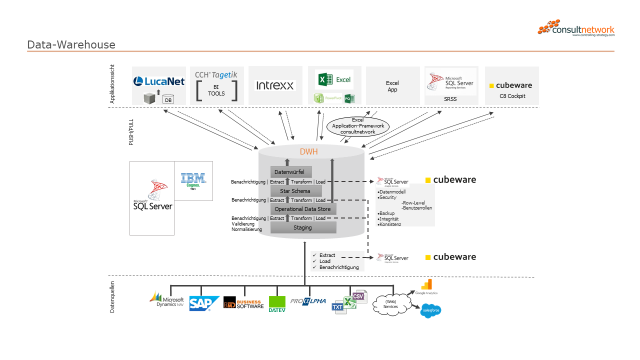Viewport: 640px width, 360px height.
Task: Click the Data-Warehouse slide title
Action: (71, 45)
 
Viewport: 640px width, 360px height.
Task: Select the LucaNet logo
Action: (159, 81)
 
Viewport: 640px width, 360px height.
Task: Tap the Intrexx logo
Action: (275, 85)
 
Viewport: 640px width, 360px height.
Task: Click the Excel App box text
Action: (392, 86)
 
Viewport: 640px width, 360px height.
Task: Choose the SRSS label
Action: (450, 99)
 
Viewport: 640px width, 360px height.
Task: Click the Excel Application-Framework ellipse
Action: (358, 126)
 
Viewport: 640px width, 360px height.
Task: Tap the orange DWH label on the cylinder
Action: (308, 152)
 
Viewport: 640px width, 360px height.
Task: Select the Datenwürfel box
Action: (290, 172)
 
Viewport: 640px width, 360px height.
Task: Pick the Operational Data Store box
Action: (302, 209)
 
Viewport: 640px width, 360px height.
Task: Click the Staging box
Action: (302, 227)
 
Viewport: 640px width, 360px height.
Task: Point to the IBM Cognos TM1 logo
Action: (193, 180)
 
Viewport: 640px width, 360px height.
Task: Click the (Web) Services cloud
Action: (390, 304)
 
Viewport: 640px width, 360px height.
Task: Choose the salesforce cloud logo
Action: (430, 311)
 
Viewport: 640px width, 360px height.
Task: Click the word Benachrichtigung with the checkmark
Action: (339, 267)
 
